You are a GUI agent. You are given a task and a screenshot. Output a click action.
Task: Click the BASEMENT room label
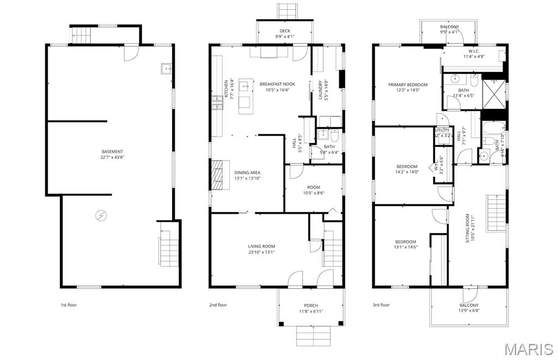coord(112,152)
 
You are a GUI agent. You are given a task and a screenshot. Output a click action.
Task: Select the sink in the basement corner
coord(165,69)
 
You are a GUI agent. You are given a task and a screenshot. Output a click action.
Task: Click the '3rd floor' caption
coord(381,305)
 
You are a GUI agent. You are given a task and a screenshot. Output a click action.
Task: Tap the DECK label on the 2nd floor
coord(284,31)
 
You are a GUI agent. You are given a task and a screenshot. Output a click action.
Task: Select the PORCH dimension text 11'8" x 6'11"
coord(311,311)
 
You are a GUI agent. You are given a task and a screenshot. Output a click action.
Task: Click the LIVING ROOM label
coord(262,246)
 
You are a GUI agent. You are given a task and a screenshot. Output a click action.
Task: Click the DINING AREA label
coord(247,173)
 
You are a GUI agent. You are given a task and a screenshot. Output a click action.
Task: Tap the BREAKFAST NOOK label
coord(277,84)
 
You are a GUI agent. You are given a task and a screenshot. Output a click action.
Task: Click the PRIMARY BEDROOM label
coord(408,85)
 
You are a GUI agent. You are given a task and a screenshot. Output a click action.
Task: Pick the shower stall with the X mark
coord(494,94)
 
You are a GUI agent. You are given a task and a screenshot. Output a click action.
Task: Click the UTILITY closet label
coord(442,131)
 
